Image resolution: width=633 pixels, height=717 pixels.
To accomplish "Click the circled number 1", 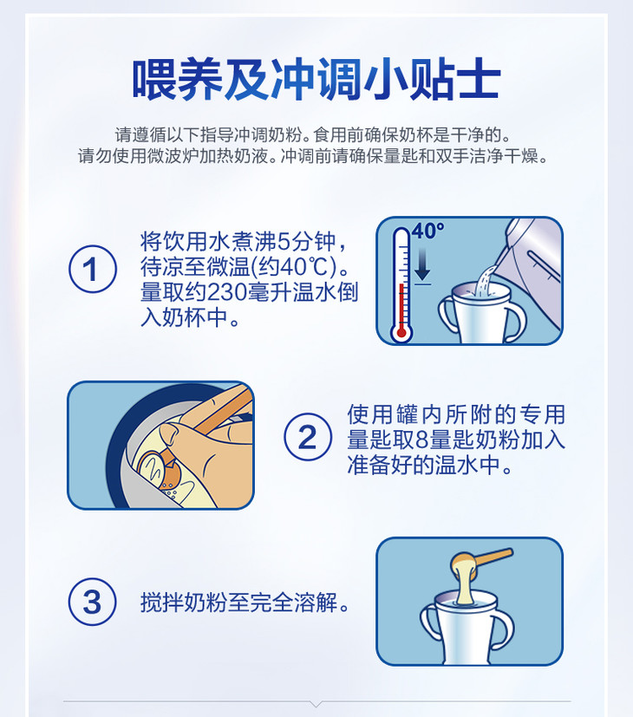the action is (x=93, y=269).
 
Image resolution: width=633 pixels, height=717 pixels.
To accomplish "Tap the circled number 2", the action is (x=308, y=437).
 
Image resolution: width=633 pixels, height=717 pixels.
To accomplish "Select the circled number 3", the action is (x=93, y=602).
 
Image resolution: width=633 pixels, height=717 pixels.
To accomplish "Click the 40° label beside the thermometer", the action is (x=428, y=231).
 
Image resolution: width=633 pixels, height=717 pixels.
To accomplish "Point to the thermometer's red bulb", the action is (x=401, y=332).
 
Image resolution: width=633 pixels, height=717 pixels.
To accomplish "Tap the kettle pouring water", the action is (x=531, y=270).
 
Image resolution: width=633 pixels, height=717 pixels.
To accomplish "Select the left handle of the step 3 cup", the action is (x=430, y=629).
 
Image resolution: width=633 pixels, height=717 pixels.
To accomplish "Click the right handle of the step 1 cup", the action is (x=515, y=319).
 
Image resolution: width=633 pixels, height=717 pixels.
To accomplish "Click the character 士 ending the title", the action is (x=479, y=79).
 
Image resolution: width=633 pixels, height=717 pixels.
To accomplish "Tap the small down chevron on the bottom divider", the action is (x=316, y=702).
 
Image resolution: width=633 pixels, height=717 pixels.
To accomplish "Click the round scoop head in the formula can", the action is (x=155, y=468).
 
